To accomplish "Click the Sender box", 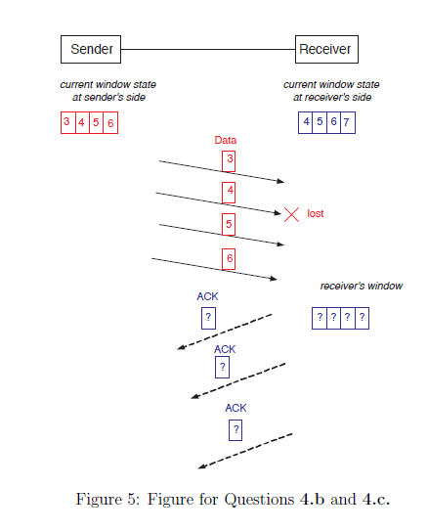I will pos(91,49).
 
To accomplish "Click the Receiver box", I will pos(325,49).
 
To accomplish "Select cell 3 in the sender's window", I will pos(66,122).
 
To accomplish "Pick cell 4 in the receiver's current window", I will pos(307,122).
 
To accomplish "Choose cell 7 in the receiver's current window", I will pos(347,122).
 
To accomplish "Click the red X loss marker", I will pos(291,213).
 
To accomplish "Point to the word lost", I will pos(316,213).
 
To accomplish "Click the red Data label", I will pos(226,140).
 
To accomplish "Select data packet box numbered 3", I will pos(229,160).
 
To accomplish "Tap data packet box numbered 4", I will pos(229,191).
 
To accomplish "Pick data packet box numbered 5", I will pos(229,225).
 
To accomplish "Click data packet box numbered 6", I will pos(229,259).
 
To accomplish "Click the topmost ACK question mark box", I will pos(207,318).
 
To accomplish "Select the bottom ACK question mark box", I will pos(235,429).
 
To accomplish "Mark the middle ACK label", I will pos(225,348).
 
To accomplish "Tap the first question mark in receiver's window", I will pos(319,318).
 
